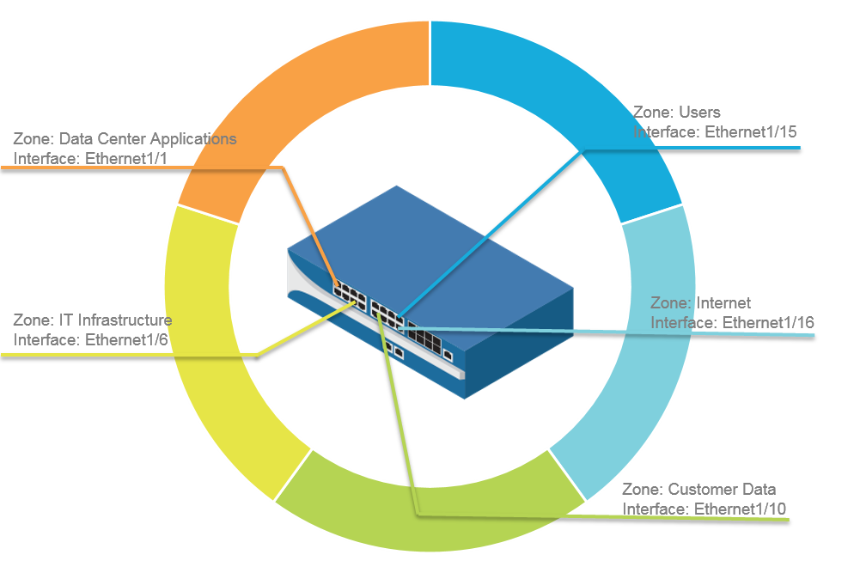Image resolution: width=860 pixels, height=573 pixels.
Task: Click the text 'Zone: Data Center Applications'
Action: (125, 138)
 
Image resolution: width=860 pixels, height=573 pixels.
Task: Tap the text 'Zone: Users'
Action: (677, 112)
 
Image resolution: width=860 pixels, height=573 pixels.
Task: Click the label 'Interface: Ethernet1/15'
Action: (716, 132)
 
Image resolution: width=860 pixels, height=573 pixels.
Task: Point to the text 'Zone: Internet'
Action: (701, 302)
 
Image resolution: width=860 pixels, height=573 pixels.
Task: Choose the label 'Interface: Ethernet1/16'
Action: (733, 322)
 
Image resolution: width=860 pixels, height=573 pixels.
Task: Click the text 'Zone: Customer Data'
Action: (698, 489)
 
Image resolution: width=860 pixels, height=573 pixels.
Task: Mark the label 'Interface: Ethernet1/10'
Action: (704, 509)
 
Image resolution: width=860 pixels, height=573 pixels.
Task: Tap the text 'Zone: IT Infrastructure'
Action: (93, 320)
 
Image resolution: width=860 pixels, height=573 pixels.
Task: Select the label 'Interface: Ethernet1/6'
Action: (91, 338)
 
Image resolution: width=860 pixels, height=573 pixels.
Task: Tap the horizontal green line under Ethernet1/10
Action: (601, 517)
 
